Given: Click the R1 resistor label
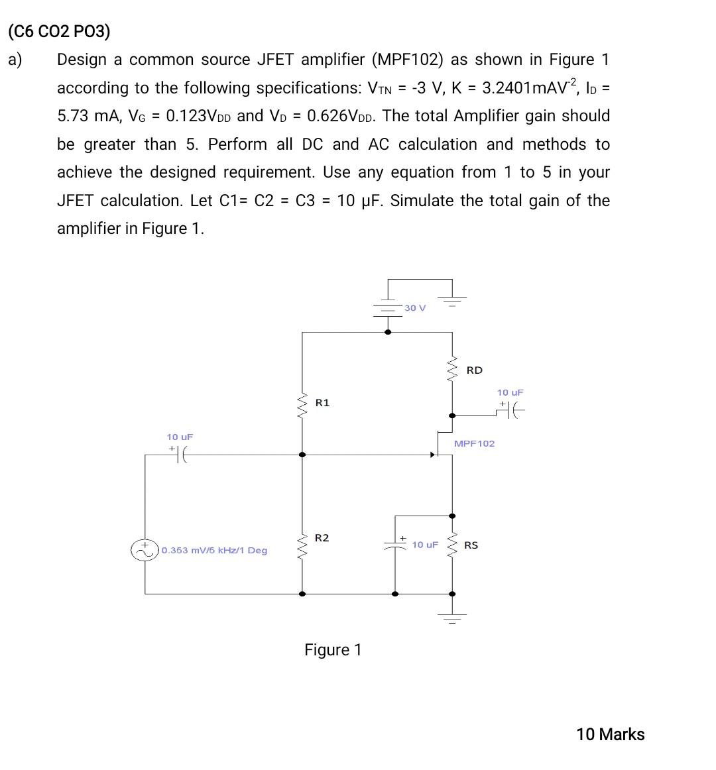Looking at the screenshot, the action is pyautogui.click(x=322, y=403).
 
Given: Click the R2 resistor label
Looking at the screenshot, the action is pyautogui.click(x=322, y=538).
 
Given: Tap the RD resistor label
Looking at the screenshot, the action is pyautogui.click(x=475, y=370).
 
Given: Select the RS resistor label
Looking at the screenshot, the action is pyautogui.click(x=471, y=545).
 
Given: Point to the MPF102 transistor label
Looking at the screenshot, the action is pyautogui.click(x=474, y=443).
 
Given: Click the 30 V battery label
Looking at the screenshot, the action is pyautogui.click(x=415, y=308).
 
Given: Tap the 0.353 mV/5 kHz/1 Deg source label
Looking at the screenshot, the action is pyautogui.click(x=214, y=551).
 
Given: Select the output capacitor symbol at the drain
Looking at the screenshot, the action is pyautogui.click(x=510, y=411).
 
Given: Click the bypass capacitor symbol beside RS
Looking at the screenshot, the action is pyautogui.click(x=395, y=545).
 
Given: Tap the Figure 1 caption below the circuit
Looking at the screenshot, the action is pyautogui.click(x=333, y=650).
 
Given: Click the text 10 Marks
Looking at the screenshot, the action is pyautogui.click(x=610, y=734).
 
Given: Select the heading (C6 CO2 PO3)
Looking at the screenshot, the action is pyautogui.click(x=59, y=31).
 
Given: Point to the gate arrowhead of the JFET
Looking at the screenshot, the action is pyautogui.click(x=433, y=455).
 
